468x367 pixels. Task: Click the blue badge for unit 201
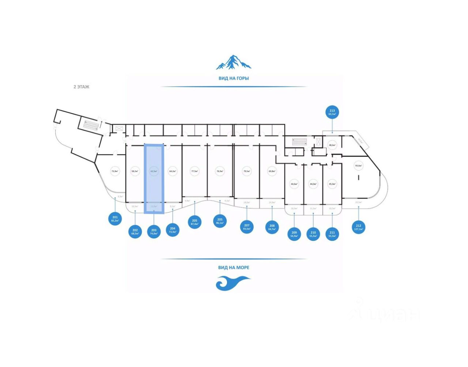[x=115, y=219]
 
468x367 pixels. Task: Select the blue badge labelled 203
[x=154, y=231]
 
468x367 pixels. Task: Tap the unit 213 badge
[x=332, y=112]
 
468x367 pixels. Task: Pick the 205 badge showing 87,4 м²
[x=195, y=222]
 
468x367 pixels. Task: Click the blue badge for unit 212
[x=358, y=227]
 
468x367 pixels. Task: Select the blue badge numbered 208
[x=272, y=227]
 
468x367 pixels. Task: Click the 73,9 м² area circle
[x=116, y=171]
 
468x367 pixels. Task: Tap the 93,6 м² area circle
[x=358, y=166]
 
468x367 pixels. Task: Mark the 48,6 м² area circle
[x=332, y=145]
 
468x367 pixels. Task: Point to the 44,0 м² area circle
[x=313, y=184]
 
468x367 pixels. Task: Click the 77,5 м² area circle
[x=195, y=171]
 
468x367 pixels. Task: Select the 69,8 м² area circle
[x=272, y=171]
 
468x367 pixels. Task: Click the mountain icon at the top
[x=233, y=63]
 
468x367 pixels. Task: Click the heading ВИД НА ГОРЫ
[x=234, y=78]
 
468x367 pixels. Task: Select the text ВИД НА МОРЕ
[x=234, y=267]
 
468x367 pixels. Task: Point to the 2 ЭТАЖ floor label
[x=81, y=87]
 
